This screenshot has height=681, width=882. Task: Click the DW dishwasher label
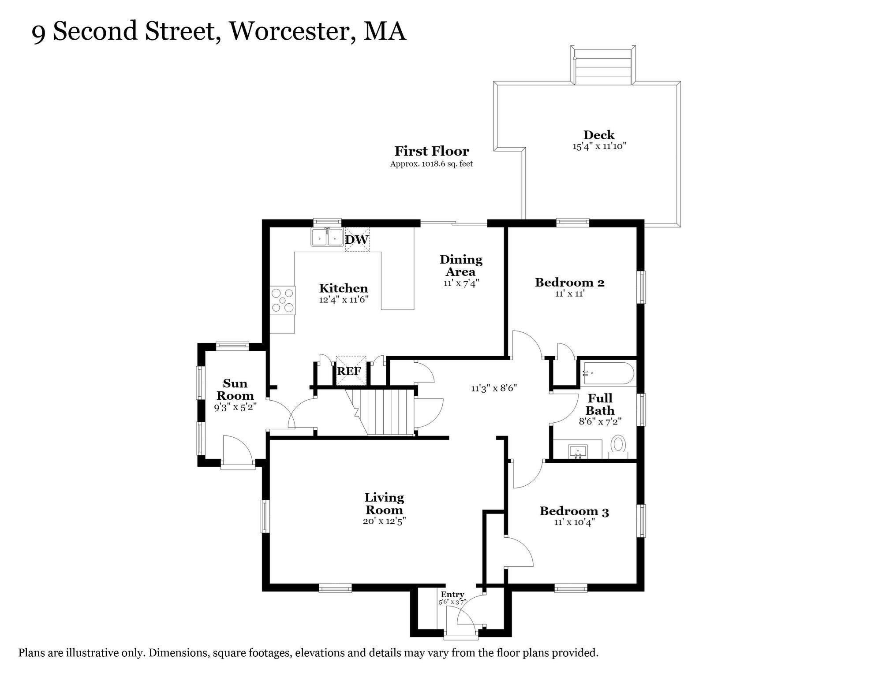coord(356,240)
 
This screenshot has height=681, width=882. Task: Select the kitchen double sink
coord(327,237)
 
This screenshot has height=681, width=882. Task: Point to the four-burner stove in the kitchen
coord(282,300)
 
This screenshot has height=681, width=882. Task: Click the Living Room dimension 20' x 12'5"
coord(384,521)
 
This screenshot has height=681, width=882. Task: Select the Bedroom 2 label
coord(569,282)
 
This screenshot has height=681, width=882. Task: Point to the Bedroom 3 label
coord(574,511)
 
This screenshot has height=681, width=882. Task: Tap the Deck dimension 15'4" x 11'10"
coord(599,146)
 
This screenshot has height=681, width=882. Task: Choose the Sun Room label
coord(235,389)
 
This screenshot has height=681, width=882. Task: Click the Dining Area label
coord(461,265)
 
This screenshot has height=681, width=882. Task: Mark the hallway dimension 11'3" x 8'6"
coord(494,388)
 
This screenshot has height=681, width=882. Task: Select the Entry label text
coord(452,595)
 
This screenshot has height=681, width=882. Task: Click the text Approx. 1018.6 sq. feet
coord(431,164)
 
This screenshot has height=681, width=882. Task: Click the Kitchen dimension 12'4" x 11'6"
coord(344,300)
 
